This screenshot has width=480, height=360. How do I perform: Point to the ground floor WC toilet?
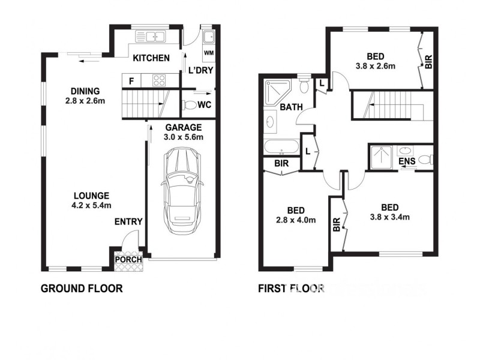(x=191, y=106)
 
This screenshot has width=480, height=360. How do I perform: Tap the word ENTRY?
(x=128, y=222)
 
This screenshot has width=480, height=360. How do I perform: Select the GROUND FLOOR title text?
(x=82, y=289)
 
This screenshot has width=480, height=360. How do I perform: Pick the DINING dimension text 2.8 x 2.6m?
(x=85, y=100)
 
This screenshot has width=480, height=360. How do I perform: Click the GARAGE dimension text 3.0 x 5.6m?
(x=184, y=137)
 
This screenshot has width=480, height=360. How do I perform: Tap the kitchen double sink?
(x=154, y=37)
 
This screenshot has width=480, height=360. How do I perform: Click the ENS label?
(x=406, y=161)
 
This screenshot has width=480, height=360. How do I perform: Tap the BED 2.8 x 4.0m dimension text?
(x=296, y=220)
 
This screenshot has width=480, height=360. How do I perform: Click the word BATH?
(x=291, y=107)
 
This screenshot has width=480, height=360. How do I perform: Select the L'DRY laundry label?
(x=199, y=70)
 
